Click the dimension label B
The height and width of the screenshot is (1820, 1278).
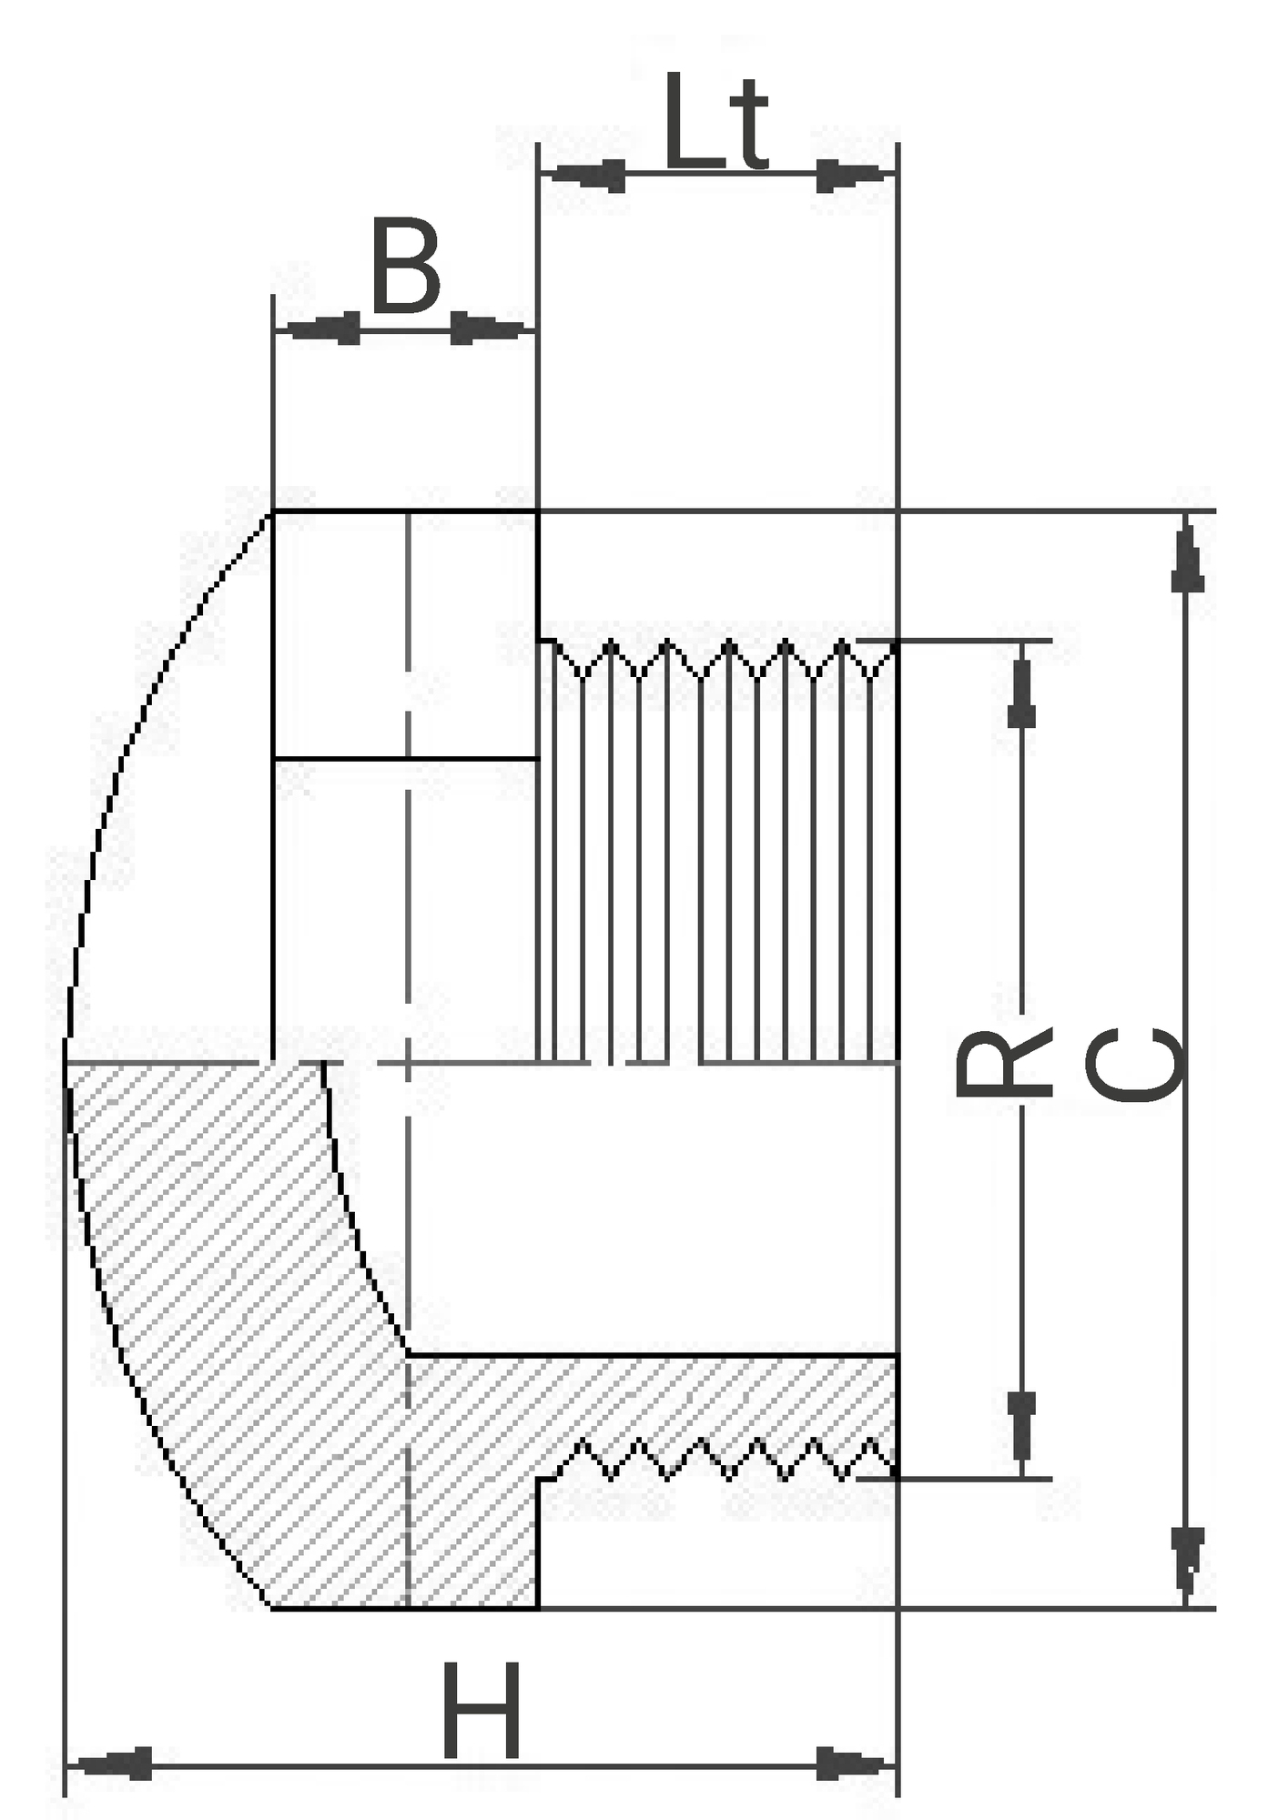pos(406,265)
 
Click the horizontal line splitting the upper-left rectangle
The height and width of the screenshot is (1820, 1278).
pos(406,758)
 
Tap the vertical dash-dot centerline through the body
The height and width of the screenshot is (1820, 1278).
pos(408,1060)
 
